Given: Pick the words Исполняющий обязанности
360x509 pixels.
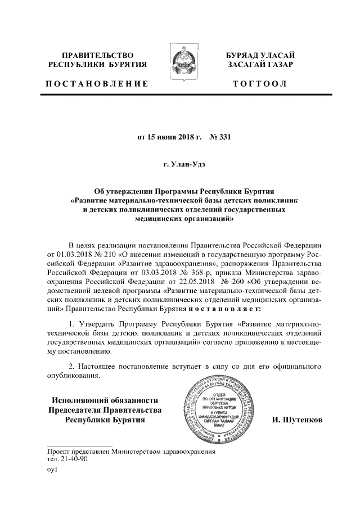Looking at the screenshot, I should click(103, 400).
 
